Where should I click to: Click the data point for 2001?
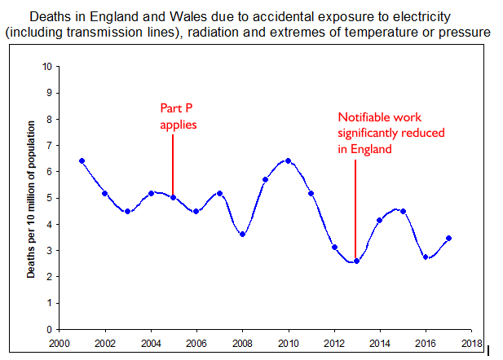point(82,161)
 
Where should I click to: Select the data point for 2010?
point(289,161)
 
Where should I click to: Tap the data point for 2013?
point(356,261)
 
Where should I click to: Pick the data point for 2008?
point(242,235)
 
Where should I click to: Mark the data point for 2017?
point(448,238)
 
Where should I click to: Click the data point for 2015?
point(403,211)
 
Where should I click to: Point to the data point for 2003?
point(127,211)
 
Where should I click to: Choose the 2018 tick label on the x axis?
point(471,343)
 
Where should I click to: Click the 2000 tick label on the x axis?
point(59,343)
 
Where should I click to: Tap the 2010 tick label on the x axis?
point(289,343)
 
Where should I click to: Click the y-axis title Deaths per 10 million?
point(31,200)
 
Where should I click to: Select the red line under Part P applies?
point(173,163)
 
